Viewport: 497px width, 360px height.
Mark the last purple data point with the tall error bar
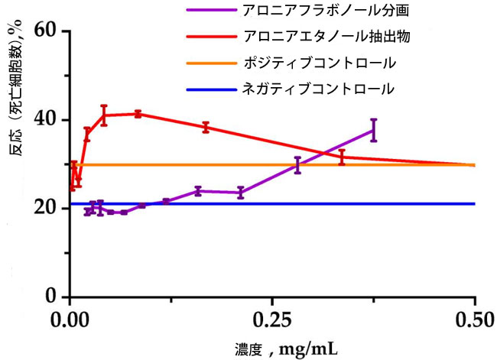tap(373, 130)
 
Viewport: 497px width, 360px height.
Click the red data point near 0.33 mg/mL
tap(342, 157)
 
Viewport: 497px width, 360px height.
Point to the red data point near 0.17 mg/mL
tap(205, 127)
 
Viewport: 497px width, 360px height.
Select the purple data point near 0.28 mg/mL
tap(297, 165)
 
